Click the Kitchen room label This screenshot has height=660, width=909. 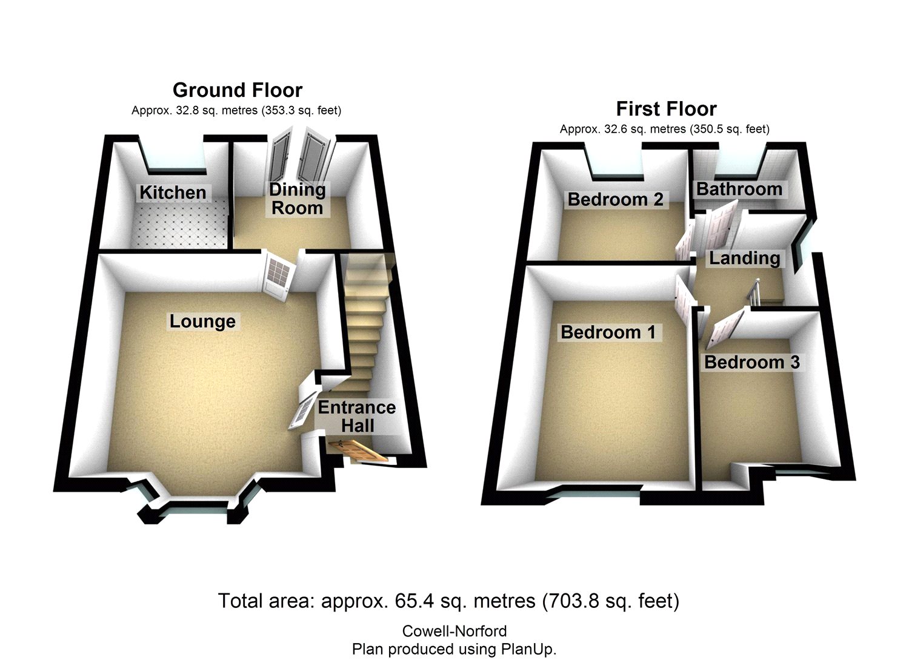[x=173, y=193]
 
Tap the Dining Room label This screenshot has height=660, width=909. [x=297, y=199]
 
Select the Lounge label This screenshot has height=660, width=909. [x=202, y=321]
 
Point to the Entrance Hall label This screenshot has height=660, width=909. [x=357, y=416]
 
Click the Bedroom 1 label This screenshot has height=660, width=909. [x=608, y=332]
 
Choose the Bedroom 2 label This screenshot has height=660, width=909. [x=615, y=199]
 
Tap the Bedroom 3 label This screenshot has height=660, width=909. [x=751, y=362]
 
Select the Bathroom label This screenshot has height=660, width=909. [x=739, y=189]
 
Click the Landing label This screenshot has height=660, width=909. [x=744, y=258]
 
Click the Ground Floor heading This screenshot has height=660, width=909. [x=237, y=90]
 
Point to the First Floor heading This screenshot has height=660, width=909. [x=666, y=109]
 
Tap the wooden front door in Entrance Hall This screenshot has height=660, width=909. [x=358, y=451]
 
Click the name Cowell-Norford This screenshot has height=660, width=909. [x=454, y=632]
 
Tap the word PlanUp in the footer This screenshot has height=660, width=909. [x=526, y=649]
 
